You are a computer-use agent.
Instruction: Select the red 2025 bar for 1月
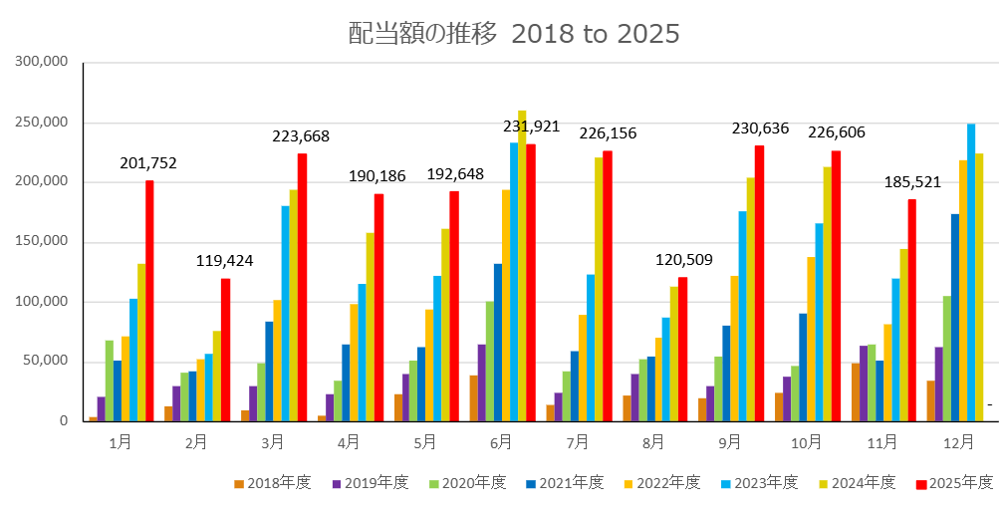click(x=149, y=299)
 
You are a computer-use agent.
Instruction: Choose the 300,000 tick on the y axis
click(x=42, y=62)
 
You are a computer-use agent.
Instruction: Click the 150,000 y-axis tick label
click(x=42, y=241)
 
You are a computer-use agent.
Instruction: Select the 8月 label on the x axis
click(x=653, y=441)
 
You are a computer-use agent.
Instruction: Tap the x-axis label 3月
click(x=272, y=441)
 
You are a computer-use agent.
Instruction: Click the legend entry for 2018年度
click(x=273, y=483)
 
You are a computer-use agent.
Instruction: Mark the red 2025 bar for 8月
click(x=682, y=349)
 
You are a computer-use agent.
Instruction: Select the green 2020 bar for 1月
click(x=110, y=380)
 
